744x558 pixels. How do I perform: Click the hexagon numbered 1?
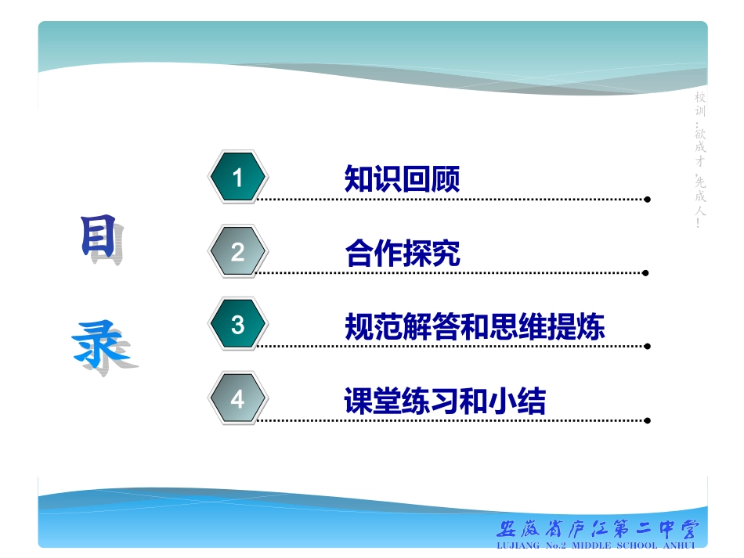pyautogui.click(x=238, y=178)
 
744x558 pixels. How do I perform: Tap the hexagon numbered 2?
pyautogui.click(x=238, y=252)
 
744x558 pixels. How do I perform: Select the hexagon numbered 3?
pyautogui.click(x=238, y=325)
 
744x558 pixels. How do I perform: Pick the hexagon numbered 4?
pyautogui.click(x=238, y=399)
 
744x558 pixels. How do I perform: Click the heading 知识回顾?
pyautogui.click(x=402, y=179)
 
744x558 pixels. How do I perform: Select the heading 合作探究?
pyautogui.click(x=402, y=253)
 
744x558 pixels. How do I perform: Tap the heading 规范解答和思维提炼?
pyautogui.click(x=475, y=326)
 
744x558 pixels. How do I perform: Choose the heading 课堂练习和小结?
pyautogui.click(x=445, y=401)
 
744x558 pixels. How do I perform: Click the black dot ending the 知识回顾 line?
pyautogui.click(x=647, y=200)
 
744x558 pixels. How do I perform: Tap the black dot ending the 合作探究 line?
pyautogui.click(x=645, y=273)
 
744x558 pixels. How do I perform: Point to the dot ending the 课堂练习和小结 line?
pyautogui.click(x=647, y=420)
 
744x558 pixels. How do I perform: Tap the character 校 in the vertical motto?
pyautogui.click(x=700, y=98)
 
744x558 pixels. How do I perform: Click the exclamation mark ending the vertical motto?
pyautogui.click(x=699, y=225)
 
